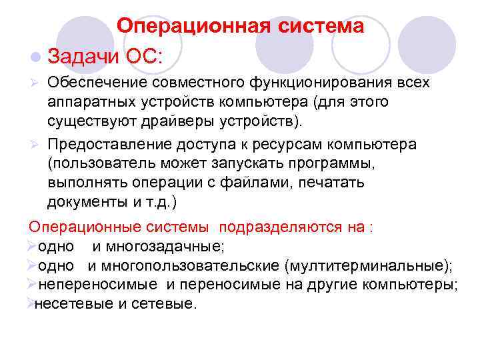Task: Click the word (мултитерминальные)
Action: [367, 266]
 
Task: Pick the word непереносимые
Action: [99, 285]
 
